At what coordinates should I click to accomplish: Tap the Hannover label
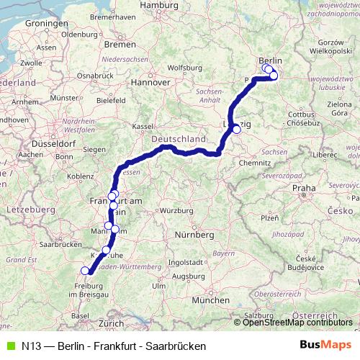(x=149, y=82)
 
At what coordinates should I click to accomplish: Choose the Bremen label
(x=124, y=45)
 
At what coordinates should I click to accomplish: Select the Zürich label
(x=111, y=324)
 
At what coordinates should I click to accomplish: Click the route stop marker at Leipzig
(x=236, y=130)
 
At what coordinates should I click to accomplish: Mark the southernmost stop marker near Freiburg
(x=85, y=271)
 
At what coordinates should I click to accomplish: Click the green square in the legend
(x=9, y=346)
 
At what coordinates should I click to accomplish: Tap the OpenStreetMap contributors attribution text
(x=297, y=322)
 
